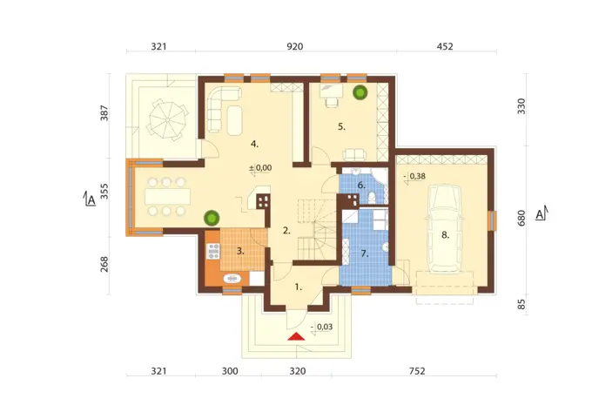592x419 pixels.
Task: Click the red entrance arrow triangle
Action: point(296,336)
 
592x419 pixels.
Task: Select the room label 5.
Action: point(341,127)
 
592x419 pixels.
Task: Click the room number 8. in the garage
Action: point(446,235)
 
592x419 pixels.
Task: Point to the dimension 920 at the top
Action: point(295,46)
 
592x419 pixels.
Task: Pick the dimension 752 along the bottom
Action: point(417,371)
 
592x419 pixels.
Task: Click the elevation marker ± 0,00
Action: point(260,168)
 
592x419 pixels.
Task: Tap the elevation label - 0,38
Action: point(414,176)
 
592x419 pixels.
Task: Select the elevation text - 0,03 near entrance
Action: point(321,327)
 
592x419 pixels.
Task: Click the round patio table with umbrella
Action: point(167,120)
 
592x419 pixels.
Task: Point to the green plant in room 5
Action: point(360,92)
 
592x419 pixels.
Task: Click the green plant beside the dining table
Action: point(212,219)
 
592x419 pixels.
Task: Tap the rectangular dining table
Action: point(168,197)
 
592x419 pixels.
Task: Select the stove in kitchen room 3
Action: point(213,251)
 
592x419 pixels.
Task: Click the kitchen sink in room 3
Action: point(232,279)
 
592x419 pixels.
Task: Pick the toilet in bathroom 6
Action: point(372,197)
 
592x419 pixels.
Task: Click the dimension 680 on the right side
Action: point(521,219)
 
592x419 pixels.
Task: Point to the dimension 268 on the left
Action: point(104,264)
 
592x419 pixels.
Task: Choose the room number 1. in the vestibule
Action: point(299,287)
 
